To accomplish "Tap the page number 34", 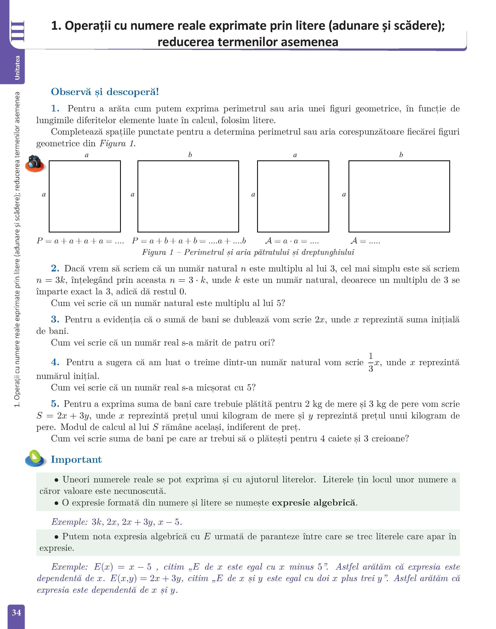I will pyautogui.click(x=16, y=612).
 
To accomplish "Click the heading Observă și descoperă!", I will pyautogui.click(x=105, y=92).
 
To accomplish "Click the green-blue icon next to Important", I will pyautogui.click(x=35, y=458).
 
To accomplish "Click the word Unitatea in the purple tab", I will pyautogui.click(x=17, y=68).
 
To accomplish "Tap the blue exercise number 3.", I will pyautogui.click(x=55, y=320).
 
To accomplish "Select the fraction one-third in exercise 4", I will pyautogui.click(x=371, y=363).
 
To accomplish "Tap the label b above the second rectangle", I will pyautogui.click(x=190, y=155).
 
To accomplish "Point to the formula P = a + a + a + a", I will pyautogui.click(x=80, y=241).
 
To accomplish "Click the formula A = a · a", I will pyautogui.click(x=292, y=241).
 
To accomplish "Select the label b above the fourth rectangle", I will pyautogui.click(x=401, y=155).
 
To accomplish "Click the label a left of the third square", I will pyautogui.click(x=253, y=195).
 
